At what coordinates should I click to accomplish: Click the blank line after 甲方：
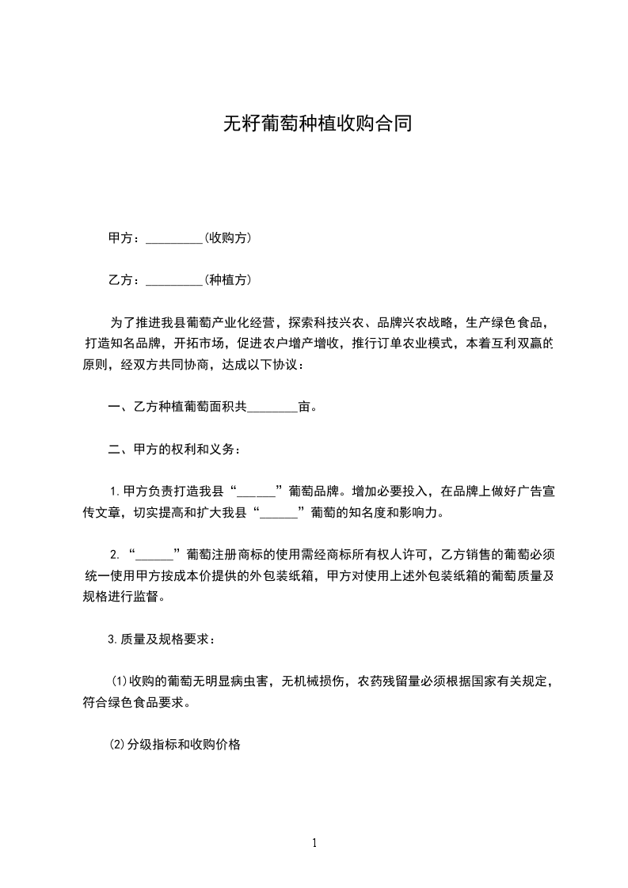click(x=175, y=238)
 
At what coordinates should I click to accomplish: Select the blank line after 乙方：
click(x=175, y=280)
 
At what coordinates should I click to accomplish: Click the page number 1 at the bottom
click(x=314, y=843)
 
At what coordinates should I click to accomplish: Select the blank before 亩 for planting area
click(x=273, y=408)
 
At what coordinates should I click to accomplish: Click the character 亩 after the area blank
click(x=305, y=408)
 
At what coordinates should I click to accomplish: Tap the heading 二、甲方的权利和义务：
click(x=173, y=450)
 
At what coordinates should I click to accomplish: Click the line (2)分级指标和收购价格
click(x=175, y=744)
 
